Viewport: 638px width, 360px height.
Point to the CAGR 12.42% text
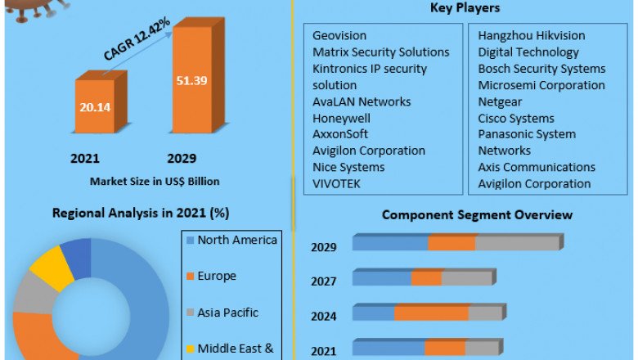138,38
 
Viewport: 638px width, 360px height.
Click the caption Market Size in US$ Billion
155,181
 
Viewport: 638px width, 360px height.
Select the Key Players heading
465,8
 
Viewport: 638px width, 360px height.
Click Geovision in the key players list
339,36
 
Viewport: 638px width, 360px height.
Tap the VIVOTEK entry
336,183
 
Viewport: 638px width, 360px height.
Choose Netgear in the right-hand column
501,101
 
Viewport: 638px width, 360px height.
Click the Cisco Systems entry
516,118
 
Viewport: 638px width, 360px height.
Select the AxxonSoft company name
340,134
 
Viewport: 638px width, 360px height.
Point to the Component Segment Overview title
477,215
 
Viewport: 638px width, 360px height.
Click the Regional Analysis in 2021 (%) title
141,213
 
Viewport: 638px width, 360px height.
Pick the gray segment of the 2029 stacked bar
517,243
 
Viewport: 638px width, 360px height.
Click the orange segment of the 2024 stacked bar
431,313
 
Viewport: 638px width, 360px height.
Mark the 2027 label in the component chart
323,281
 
